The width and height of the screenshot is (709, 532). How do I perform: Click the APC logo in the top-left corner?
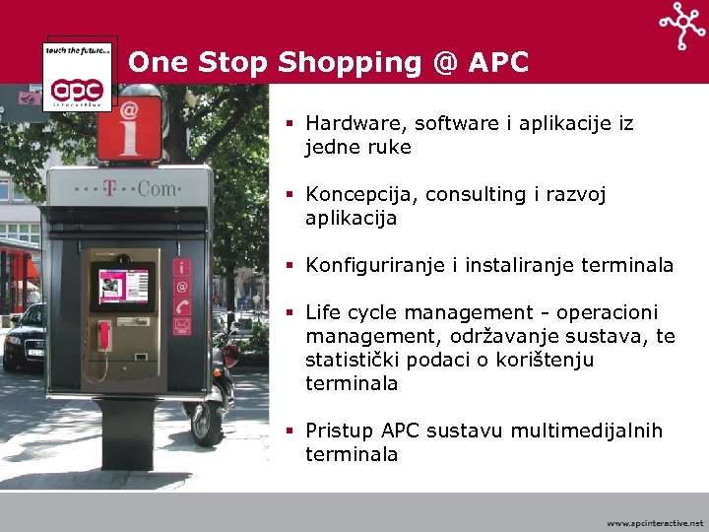click(78, 75)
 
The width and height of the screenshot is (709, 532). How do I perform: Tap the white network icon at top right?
click(681, 26)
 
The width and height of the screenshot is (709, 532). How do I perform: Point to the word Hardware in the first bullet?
click(354, 124)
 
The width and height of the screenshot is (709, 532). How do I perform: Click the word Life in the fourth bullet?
click(323, 312)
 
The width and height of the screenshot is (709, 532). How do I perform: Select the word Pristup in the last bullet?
click(339, 431)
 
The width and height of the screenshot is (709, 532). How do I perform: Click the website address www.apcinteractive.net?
click(655, 523)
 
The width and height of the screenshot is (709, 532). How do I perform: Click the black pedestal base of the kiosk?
click(128, 433)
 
